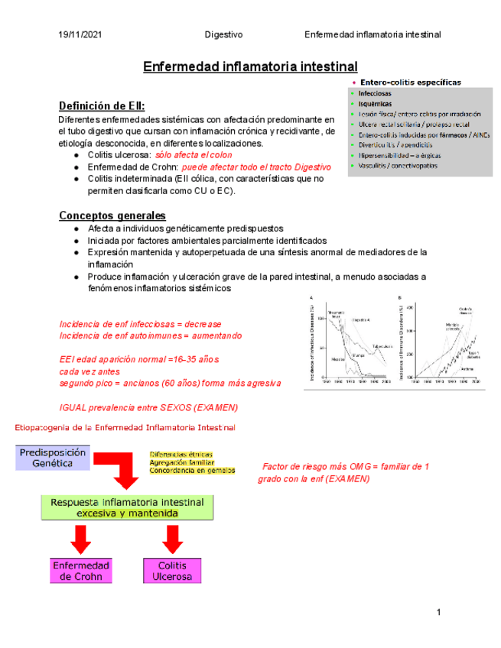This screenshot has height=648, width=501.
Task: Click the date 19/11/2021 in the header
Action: coord(80,35)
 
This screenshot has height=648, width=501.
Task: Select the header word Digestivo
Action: coord(225,35)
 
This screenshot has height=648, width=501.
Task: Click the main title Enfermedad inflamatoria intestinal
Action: coord(250,67)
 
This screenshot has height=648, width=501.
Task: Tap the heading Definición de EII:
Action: coord(102,105)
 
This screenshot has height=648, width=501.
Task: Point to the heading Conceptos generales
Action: coord(112,215)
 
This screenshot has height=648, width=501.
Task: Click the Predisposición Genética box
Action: coord(53,458)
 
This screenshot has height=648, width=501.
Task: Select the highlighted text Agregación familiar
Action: coord(181,462)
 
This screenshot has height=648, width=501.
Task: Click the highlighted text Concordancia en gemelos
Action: coord(192,471)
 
